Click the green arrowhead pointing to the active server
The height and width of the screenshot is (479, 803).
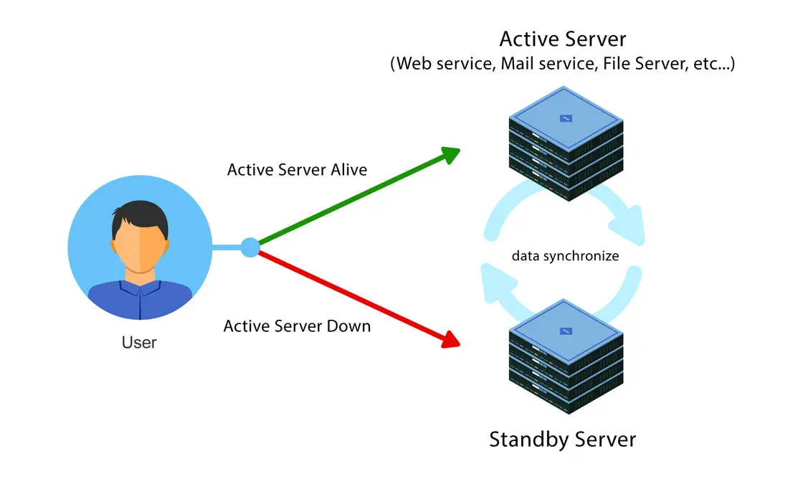click(450, 154)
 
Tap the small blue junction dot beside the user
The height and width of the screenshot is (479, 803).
click(250, 248)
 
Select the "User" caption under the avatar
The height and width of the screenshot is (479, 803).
click(139, 342)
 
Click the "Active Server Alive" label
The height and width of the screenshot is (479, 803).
click(297, 170)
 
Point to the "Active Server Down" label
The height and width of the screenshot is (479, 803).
click(297, 326)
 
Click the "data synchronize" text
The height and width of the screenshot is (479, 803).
click(565, 255)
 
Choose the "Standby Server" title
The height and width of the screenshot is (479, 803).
click(562, 438)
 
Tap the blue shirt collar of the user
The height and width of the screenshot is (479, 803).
click(140, 287)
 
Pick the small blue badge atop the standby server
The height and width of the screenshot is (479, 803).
click(566, 331)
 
